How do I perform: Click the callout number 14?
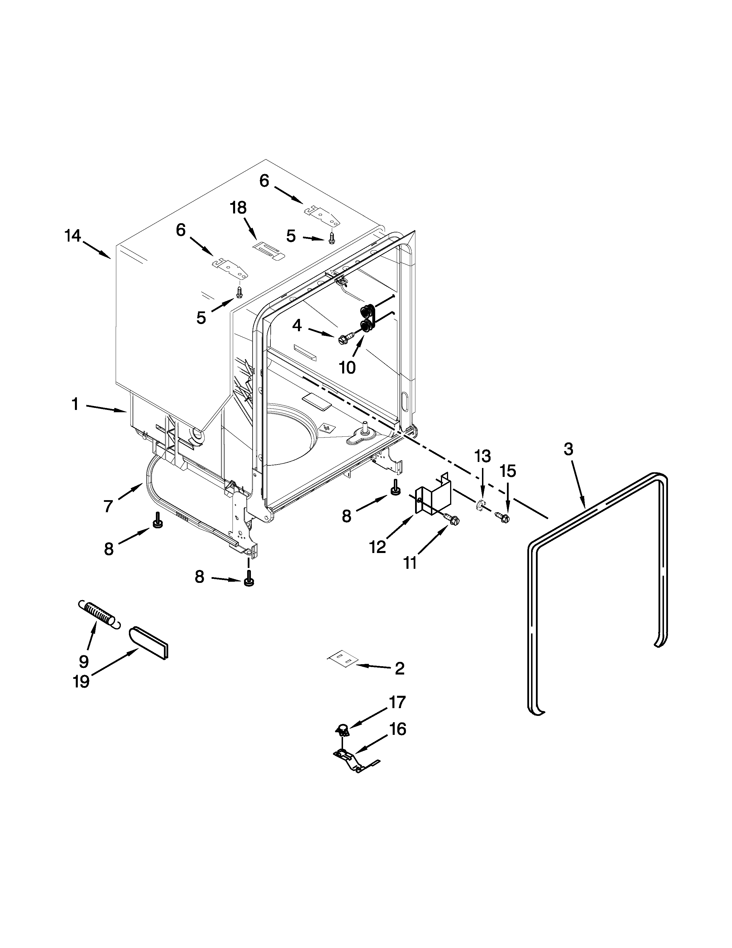[x=73, y=236]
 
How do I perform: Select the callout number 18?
[x=238, y=208]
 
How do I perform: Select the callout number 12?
[x=378, y=547]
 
